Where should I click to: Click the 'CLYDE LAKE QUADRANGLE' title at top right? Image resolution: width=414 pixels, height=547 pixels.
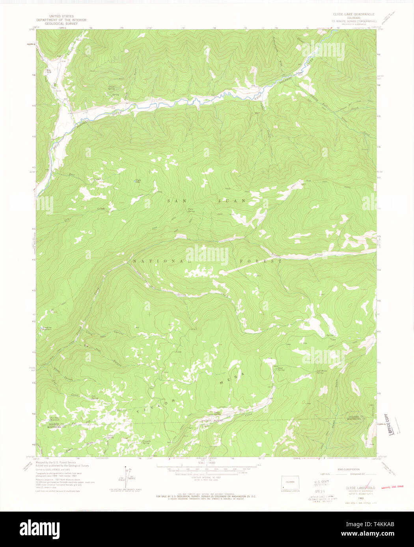point(354,14)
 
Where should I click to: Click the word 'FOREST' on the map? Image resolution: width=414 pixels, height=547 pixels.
point(261,261)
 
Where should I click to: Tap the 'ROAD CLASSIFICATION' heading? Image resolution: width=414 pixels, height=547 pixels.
point(348,469)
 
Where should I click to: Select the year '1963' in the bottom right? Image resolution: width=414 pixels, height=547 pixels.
point(360,498)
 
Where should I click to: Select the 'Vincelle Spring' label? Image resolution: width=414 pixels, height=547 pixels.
point(146,442)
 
